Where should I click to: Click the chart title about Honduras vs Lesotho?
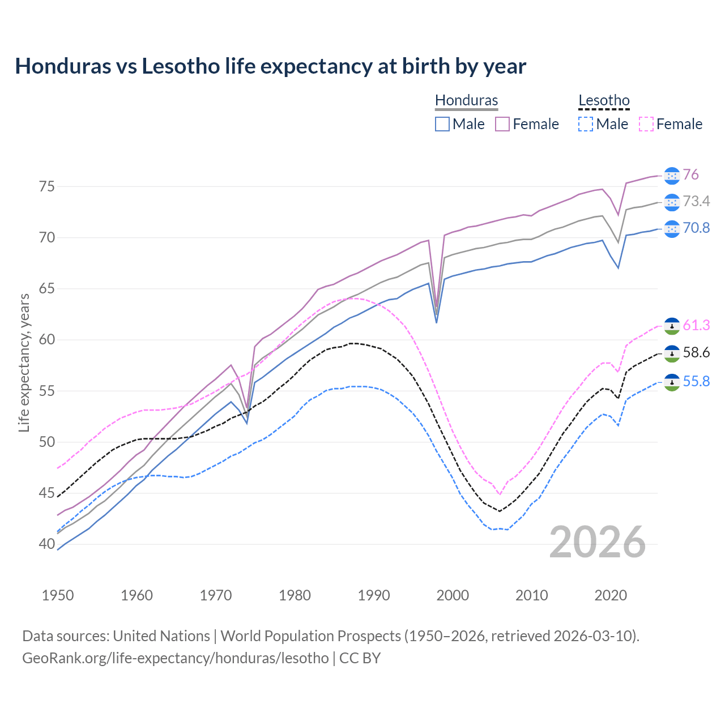[270, 66]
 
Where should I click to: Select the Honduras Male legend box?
[442, 124]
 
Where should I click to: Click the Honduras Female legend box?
[502, 124]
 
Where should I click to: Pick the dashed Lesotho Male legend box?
[586, 124]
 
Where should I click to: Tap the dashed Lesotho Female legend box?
[646, 124]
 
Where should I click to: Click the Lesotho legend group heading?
[604, 101]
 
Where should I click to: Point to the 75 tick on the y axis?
[47, 186]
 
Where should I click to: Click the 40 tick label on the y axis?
[47, 544]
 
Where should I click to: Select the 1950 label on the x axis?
[58, 595]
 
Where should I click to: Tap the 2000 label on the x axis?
[453, 595]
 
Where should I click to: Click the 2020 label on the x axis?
[611, 595]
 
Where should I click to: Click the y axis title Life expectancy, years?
[24, 362]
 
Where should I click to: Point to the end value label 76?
[690, 175]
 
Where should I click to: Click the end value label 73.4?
[696, 202]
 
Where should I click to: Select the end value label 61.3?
[696, 326]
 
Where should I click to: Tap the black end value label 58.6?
[696, 353]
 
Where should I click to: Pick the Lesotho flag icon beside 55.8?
[672, 382]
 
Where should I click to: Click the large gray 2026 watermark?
[597, 542]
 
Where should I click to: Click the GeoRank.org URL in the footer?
[176, 658]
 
